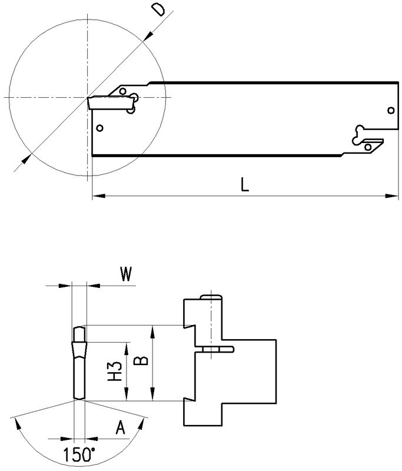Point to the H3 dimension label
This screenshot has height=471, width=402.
(117, 371)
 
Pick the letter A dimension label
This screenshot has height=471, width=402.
(121, 428)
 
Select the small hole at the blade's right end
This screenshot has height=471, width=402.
(391, 110)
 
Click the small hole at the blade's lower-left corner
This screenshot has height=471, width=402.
(100, 127)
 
